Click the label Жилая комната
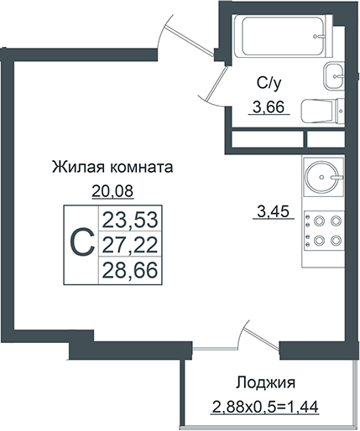(x=112, y=167)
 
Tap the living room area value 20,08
(x=112, y=190)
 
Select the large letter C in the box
(x=80, y=243)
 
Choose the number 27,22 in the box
(x=129, y=245)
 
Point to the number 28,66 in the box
(x=129, y=269)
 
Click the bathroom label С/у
(x=268, y=83)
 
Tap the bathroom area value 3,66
(x=268, y=106)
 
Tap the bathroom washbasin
(x=334, y=76)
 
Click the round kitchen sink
(x=322, y=175)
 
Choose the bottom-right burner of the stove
(x=337, y=241)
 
